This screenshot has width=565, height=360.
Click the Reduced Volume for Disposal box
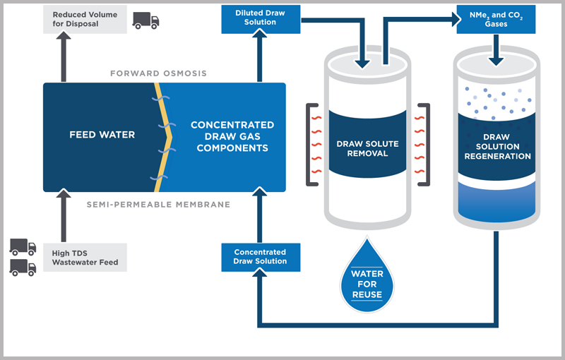(x=86, y=19)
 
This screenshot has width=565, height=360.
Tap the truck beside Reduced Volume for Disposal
(x=145, y=20)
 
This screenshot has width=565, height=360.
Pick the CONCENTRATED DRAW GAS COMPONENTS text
(x=232, y=136)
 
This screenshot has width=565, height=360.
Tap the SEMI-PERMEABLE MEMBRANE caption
(x=158, y=205)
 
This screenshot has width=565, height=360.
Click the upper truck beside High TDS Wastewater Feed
(x=23, y=246)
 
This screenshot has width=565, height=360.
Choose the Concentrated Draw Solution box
(x=260, y=257)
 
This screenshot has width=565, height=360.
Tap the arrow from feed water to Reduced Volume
(x=65, y=60)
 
